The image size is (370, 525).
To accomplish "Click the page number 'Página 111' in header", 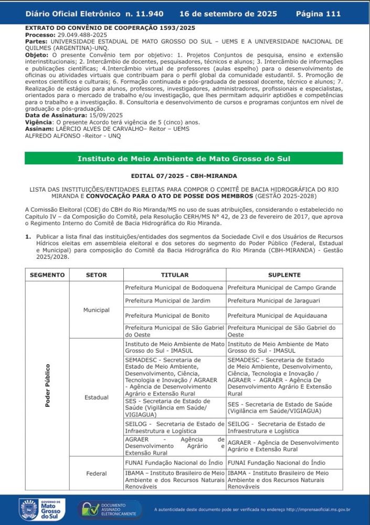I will (318, 14).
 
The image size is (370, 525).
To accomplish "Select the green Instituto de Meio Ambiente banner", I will (184, 159).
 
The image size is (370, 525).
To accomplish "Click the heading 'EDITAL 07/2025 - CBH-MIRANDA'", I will (184, 176).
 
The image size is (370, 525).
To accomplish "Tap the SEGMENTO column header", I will (47, 275).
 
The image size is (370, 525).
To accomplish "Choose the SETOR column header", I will (96, 275).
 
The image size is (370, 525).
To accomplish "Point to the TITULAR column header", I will (175, 275).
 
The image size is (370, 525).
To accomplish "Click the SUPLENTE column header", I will (284, 275).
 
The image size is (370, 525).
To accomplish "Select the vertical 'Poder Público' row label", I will (48, 385).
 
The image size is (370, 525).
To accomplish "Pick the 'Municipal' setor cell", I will (96, 310).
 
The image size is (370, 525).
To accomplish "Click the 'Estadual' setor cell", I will (96, 397).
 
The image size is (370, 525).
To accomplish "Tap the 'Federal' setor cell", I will (96, 474).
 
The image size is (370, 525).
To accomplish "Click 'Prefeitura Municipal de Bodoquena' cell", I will (174, 288).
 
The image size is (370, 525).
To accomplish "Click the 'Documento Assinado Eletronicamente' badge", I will (110, 509).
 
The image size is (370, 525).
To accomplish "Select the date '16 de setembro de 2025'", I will (228, 14).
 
